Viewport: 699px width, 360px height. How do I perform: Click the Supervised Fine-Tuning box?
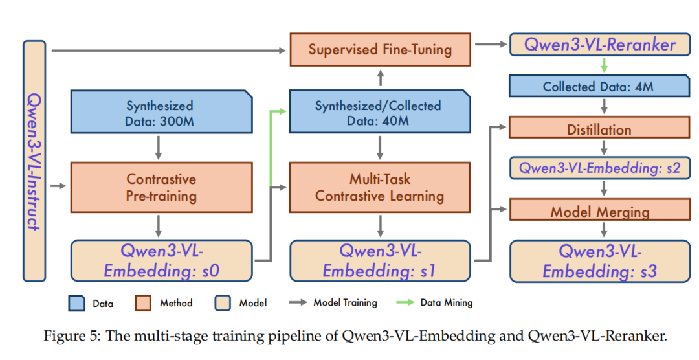click(380, 49)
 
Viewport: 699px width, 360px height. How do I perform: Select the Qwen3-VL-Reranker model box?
click(599, 45)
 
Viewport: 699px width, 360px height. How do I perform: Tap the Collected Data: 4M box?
click(599, 86)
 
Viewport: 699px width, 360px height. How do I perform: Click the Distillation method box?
click(599, 128)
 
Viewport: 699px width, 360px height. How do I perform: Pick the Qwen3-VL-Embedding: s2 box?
click(599, 168)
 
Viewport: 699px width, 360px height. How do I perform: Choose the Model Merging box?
click(599, 210)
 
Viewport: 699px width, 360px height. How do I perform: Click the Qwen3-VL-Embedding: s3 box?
click(599, 261)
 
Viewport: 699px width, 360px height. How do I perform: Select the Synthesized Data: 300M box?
click(159, 113)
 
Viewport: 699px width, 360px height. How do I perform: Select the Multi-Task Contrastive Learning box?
click(380, 186)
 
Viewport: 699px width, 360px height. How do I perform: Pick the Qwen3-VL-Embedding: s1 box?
click(380, 261)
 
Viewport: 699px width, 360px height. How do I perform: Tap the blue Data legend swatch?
click(76, 303)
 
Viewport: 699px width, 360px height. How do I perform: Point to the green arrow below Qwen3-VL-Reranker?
click(603, 65)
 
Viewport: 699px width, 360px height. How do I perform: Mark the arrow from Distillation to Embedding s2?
click(603, 148)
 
